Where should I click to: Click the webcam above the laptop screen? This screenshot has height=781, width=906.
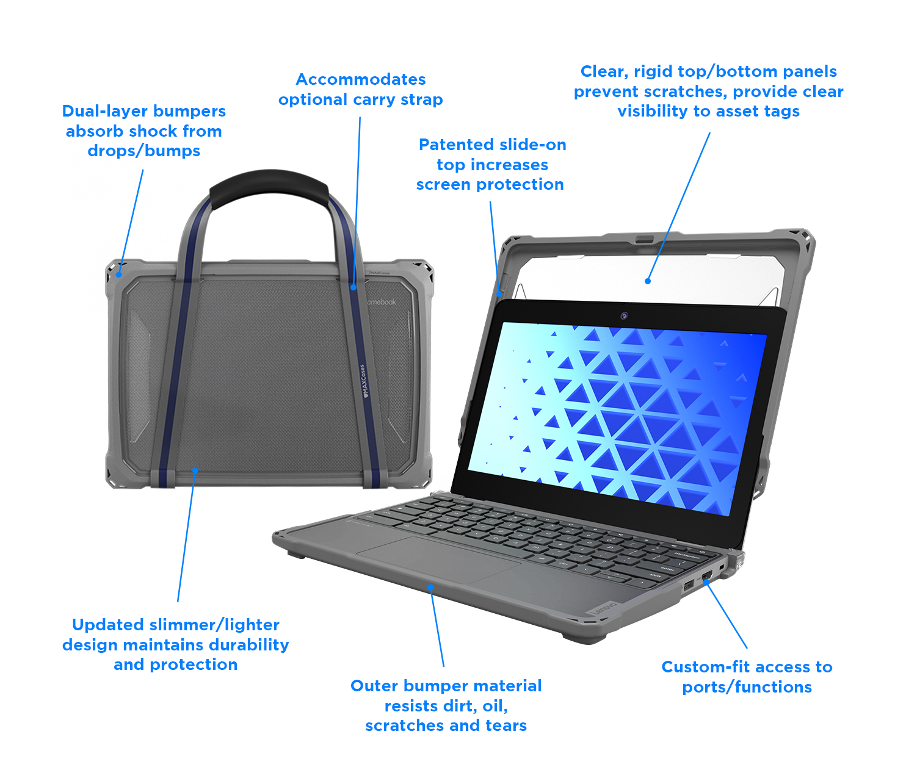tap(624, 315)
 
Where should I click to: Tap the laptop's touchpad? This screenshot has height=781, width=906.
tap(438, 560)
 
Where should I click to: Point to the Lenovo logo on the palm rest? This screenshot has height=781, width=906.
tap(602, 608)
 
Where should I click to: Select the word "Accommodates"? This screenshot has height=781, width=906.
tap(361, 79)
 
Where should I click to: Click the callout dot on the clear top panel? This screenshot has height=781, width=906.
tap(648, 281)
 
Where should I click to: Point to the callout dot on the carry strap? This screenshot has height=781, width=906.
tap(353, 287)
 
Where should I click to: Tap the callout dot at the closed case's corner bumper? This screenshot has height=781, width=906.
tap(120, 275)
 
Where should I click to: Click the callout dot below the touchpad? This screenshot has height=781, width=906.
tap(430, 587)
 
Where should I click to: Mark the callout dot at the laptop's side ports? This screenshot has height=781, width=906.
tap(706, 581)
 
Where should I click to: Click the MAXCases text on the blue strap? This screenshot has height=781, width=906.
tap(364, 381)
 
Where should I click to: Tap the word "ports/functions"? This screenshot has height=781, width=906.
tap(747, 687)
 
